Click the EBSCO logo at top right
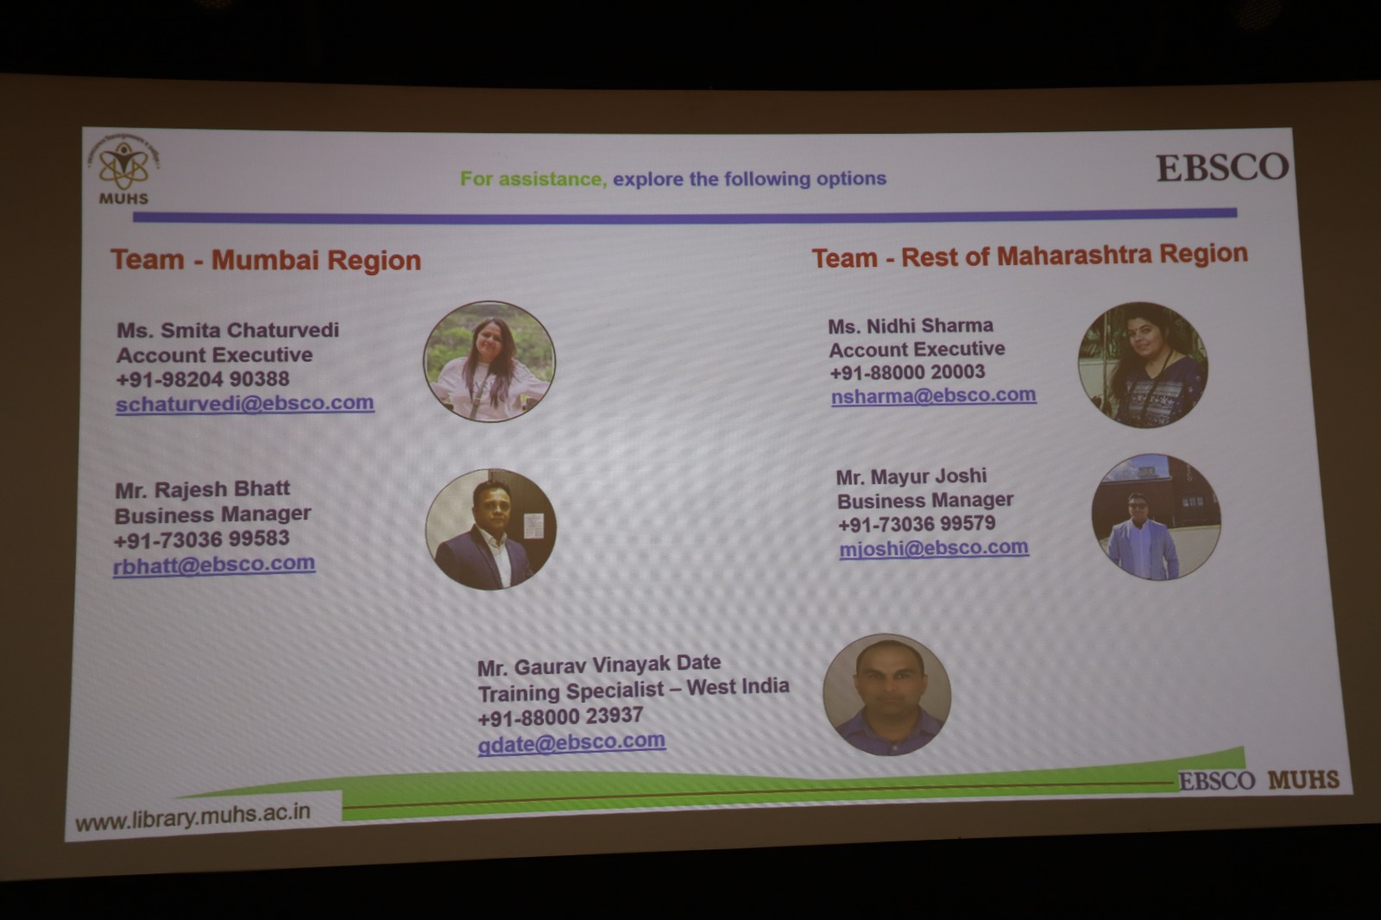click(1222, 167)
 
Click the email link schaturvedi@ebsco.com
click(245, 403)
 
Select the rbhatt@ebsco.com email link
click(214, 564)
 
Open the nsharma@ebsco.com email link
click(933, 395)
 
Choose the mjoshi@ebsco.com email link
click(934, 547)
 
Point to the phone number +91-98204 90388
click(202, 379)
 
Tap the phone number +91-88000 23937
click(560, 716)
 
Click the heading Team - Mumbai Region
click(266, 261)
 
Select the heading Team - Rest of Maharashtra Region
click(1030, 256)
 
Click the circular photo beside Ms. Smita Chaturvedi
click(489, 362)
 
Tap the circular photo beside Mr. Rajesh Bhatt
click(491, 530)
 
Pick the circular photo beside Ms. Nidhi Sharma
click(1143, 365)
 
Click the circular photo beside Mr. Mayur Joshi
click(1156, 517)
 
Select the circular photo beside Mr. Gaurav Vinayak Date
click(886, 695)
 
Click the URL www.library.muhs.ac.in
click(192, 817)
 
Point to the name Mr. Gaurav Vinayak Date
click(599, 665)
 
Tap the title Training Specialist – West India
click(634, 690)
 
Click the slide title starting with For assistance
click(673, 179)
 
